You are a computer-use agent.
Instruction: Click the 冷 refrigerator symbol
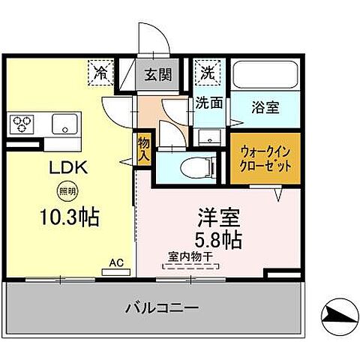click(100, 73)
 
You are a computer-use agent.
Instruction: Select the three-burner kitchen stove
click(23, 122)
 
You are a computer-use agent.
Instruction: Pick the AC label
click(117, 262)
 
